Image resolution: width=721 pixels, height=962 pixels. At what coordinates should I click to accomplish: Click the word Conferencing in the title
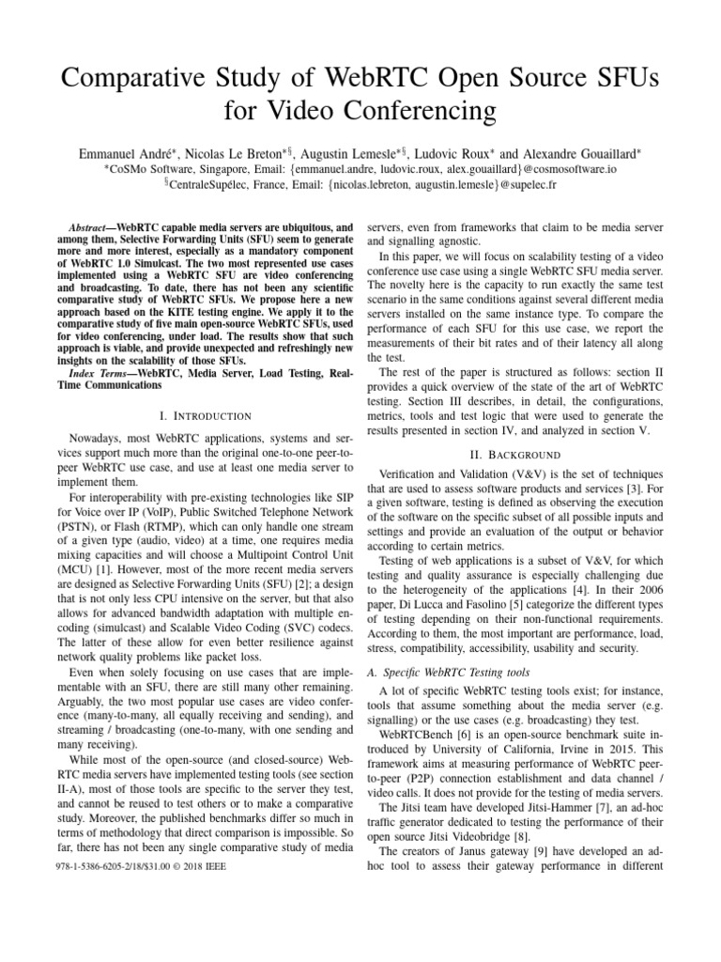pos(410,113)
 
